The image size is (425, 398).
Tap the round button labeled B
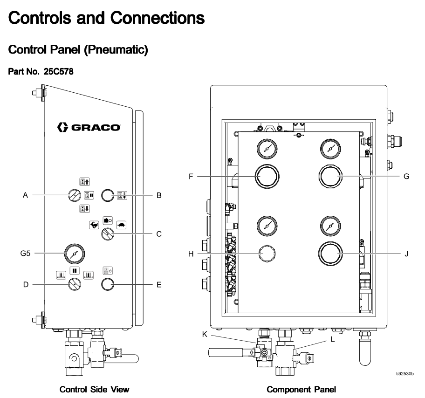(x=108, y=196)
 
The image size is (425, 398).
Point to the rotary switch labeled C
(x=108, y=234)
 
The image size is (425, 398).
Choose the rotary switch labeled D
(x=75, y=284)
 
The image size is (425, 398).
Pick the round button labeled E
(x=108, y=284)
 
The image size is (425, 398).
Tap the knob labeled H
(x=267, y=254)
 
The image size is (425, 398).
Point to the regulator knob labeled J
(x=330, y=254)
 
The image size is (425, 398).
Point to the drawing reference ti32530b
(x=404, y=373)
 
